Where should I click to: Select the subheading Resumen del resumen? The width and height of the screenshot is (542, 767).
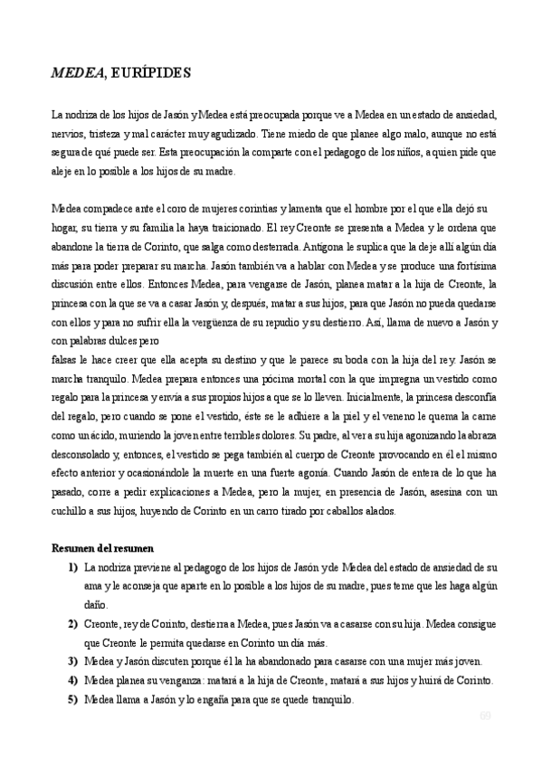[x=102, y=548]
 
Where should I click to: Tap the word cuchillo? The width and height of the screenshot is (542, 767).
[x=71, y=510]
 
